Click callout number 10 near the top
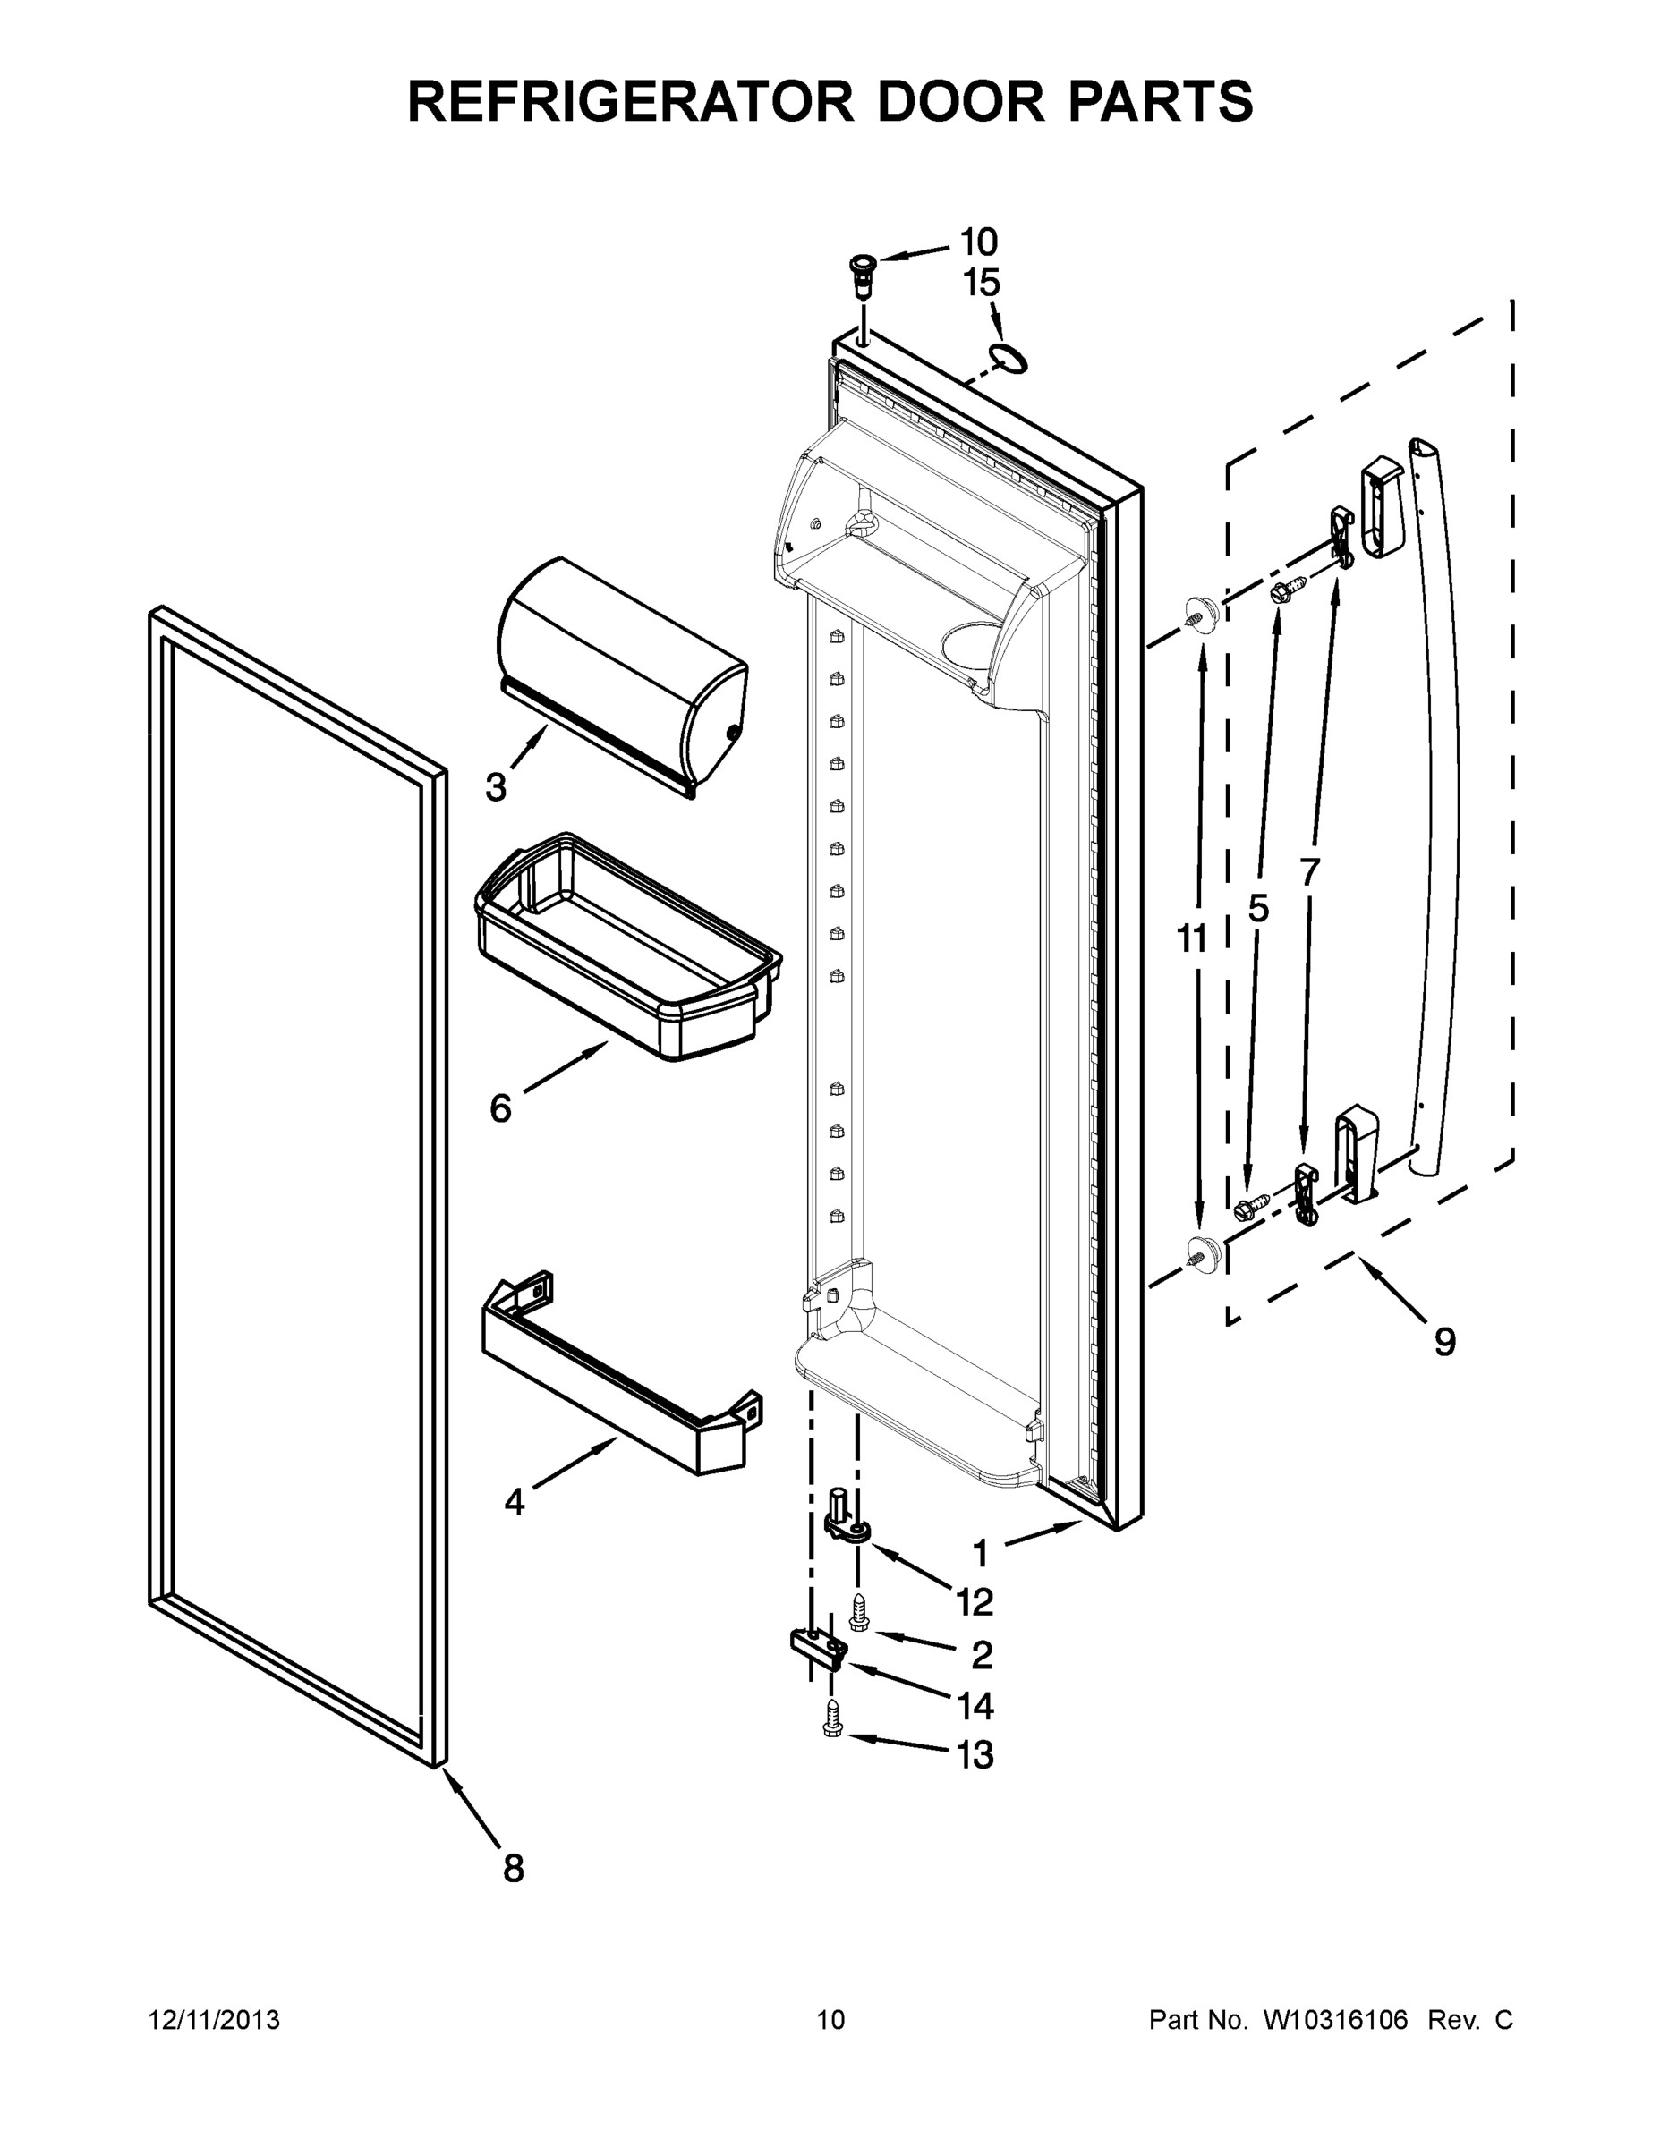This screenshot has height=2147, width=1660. click(977, 242)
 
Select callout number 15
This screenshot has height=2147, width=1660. click(981, 284)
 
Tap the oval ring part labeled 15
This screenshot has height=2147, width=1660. click(1008, 359)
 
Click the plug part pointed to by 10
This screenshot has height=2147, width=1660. click(863, 271)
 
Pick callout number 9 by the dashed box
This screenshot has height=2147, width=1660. click(1443, 1342)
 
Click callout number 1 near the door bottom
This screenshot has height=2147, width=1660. click(980, 1554)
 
